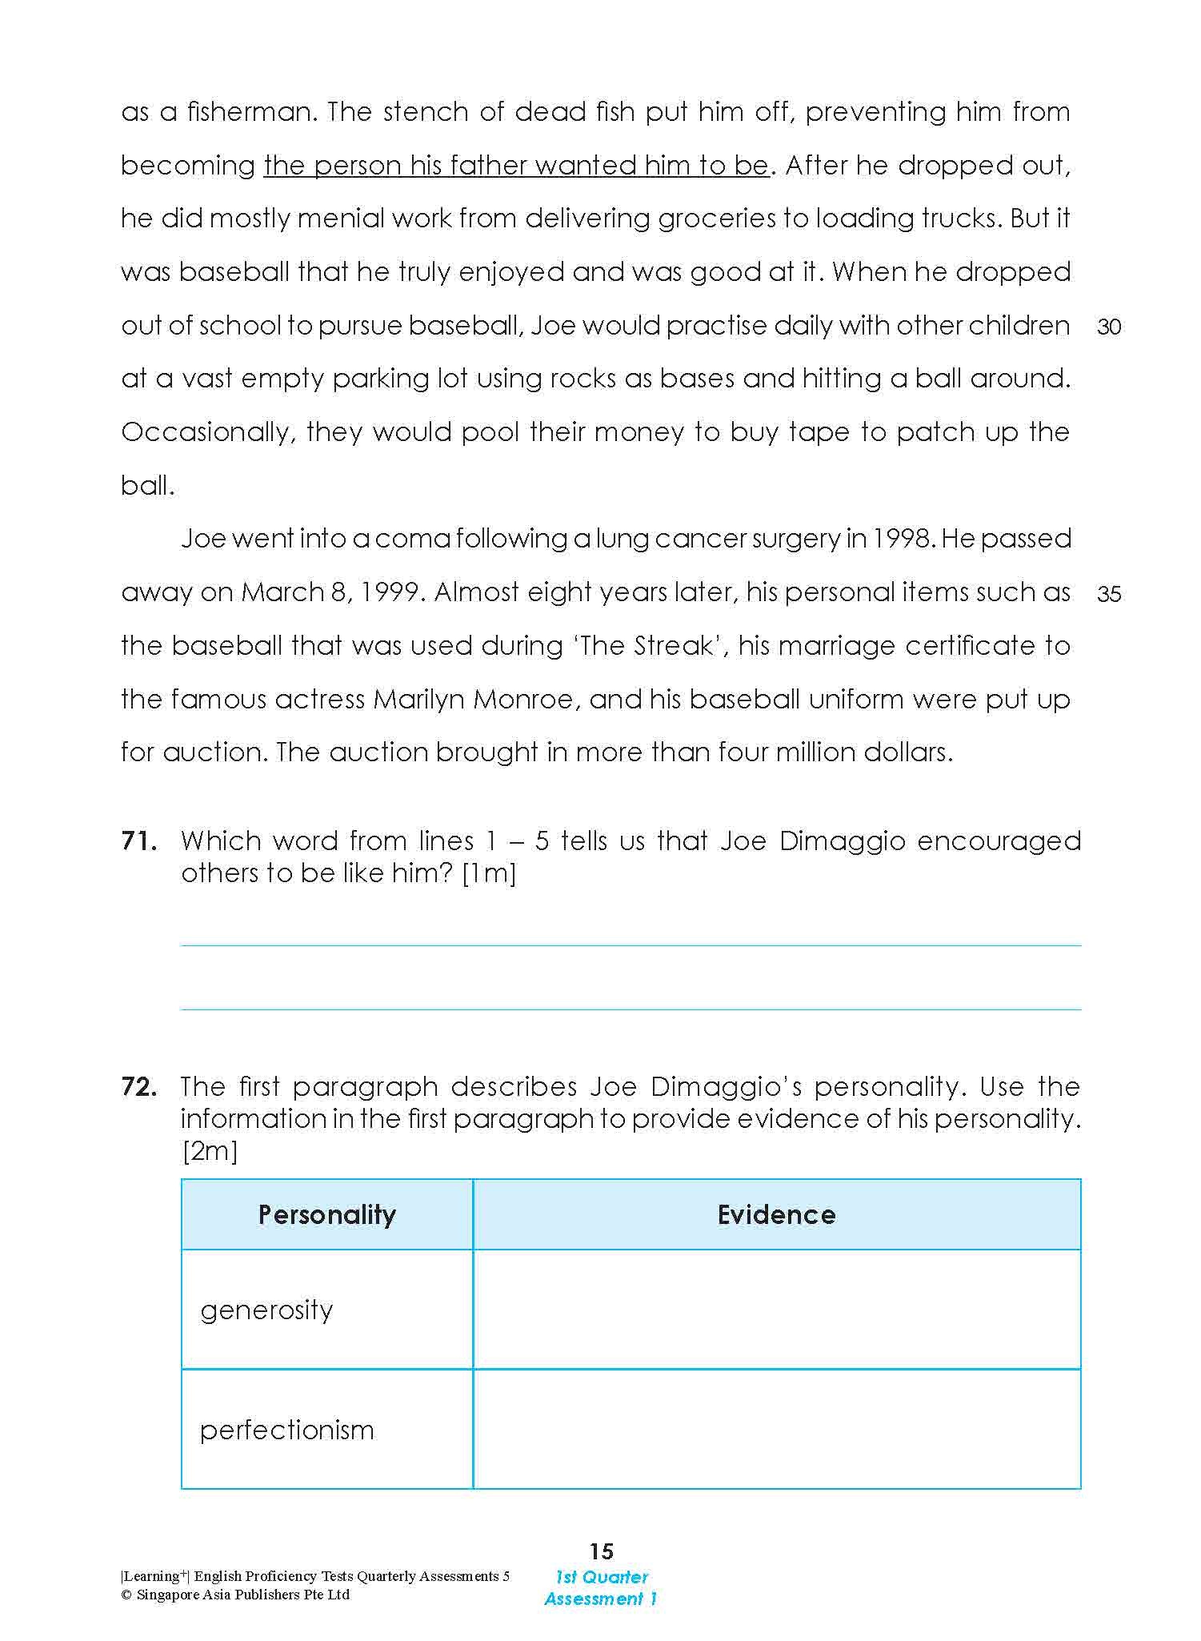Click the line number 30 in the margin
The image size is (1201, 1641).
pyautogui.click(x=1109, y=327)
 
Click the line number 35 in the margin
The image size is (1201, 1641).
pyautogui.click(x=1109, y=594)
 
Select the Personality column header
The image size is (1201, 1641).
pyautogui.click(x=326, y=1214)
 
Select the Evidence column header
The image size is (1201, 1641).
pyautogui.click(x=776, y=1214)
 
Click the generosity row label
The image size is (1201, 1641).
pyautogui.click(x=266, y=1310)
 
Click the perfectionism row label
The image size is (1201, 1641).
pyautogui.click(x=286, y=1430)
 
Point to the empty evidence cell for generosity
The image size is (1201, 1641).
pyautogui.click(x=776, y=1310)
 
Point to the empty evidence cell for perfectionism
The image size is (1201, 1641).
pyautogui.click(x=776, y=1430)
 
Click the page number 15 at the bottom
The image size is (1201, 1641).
pyautogui.click(x=601, y=1551)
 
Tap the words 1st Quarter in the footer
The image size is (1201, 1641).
pyautogui.click(x=602, y=1577)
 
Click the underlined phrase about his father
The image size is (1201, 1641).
pyautogui.click(x=516, y=166)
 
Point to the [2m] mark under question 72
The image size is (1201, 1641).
pyautogui.click(x=210, y=1151)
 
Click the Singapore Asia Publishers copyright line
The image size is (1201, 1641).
pyautogui.click(x=235, y=1595)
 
